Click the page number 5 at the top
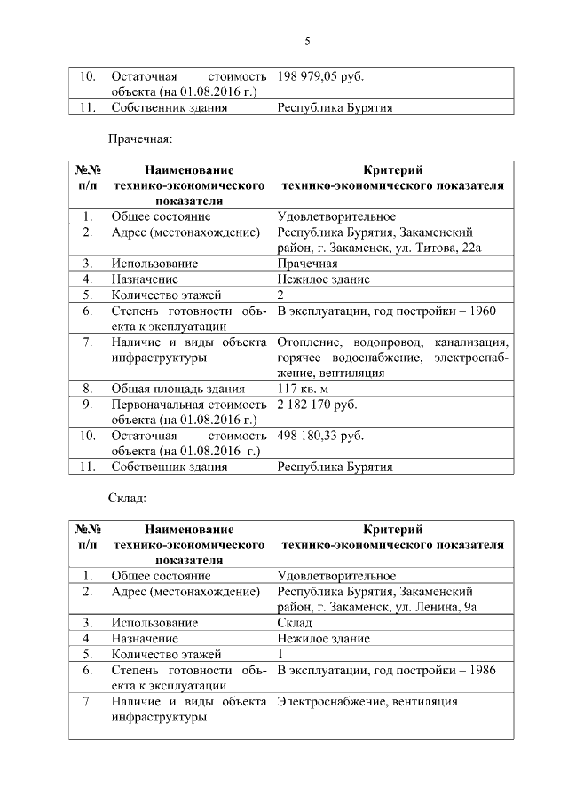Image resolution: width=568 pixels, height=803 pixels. tap(307, 41)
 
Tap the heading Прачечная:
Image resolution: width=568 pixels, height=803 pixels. tap(138, 138)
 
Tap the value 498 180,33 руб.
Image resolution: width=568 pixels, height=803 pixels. tap(320, 436)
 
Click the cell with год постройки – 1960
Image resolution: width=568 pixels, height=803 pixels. tap(386, 311)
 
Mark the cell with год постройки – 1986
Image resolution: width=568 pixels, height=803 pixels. tap(386, 670)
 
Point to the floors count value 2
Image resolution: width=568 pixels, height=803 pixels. tap(281, 295)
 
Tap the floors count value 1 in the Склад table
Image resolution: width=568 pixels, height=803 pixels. tap(281, 654)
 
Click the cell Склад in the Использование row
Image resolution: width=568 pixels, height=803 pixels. tap(295, 623)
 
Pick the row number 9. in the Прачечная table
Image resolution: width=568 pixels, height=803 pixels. tap(88, 405)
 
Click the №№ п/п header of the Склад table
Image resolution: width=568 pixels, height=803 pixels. tap(88, 537)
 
